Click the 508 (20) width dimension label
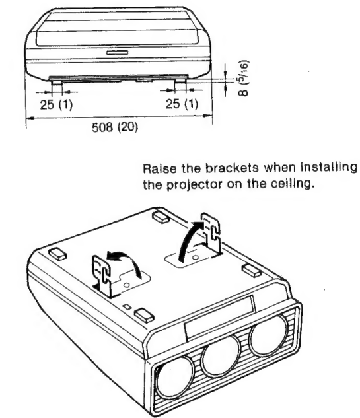115,127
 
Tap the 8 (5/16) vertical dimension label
243,79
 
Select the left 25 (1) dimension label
56,104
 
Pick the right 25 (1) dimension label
182,104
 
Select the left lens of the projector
174,376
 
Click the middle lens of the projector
221,355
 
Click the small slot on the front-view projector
118,53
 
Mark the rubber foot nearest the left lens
144,315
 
